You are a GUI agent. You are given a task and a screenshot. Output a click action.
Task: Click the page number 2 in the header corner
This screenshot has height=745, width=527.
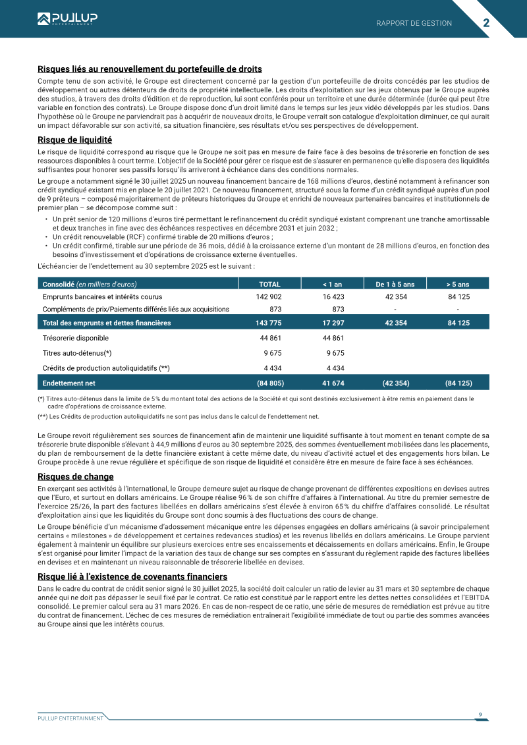486,22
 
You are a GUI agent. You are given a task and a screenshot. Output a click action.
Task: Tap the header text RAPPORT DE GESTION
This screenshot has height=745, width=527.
414,23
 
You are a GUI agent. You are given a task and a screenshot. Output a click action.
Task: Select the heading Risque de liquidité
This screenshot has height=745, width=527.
74,140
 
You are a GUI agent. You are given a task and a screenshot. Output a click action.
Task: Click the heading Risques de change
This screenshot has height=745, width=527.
76,476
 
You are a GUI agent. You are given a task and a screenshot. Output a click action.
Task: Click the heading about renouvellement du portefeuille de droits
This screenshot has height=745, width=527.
150,69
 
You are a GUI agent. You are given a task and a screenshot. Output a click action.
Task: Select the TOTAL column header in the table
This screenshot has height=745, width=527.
269,284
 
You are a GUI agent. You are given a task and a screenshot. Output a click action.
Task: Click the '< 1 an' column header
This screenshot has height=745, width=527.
332,284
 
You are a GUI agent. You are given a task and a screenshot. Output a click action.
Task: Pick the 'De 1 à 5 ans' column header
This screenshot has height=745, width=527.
395,284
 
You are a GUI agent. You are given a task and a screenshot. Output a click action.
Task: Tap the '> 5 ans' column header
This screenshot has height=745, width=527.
458,284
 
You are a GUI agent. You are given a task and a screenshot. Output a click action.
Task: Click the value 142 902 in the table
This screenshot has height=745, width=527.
269,297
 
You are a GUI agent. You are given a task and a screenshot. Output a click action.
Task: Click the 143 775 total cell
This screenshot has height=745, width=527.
269,323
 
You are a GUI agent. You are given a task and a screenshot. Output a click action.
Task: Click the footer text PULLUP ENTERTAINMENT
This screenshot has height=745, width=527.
66,717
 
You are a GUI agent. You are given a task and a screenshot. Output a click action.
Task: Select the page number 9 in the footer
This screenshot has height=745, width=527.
480,714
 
